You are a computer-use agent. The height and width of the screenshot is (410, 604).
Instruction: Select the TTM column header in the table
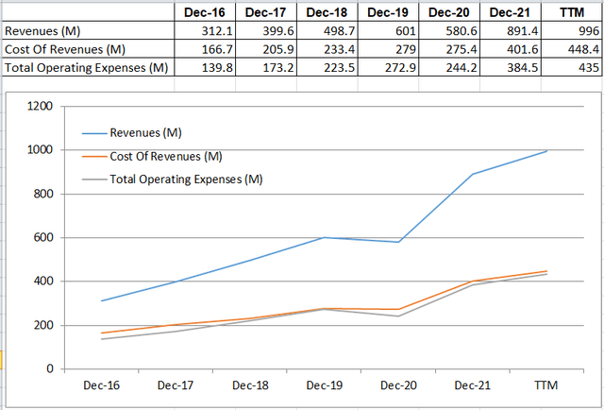coord(570,12)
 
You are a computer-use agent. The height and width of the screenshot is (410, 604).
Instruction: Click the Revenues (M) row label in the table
coord(44,30)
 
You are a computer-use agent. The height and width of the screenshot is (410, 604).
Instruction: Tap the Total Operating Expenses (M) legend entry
coord(186,179)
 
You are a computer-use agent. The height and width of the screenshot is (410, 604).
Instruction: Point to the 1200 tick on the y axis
coord(39,106)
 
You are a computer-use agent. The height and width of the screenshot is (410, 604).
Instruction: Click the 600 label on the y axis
coord(42,237)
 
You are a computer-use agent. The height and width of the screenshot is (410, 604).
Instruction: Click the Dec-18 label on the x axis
coord(249,385)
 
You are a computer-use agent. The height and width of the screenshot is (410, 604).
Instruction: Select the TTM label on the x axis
coord(546,385)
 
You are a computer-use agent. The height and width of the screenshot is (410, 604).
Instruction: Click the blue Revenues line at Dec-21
coord(473,174)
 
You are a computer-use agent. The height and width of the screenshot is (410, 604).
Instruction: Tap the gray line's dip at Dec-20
coord(398,316)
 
